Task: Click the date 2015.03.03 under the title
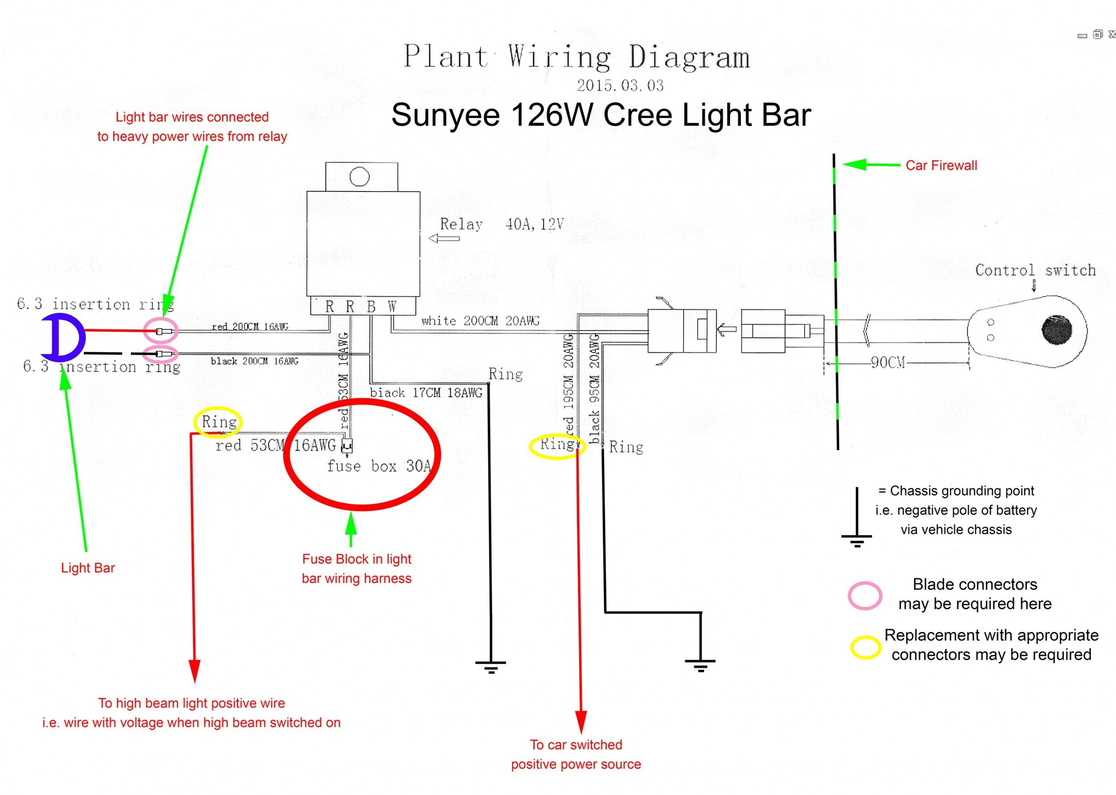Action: coord(620,85)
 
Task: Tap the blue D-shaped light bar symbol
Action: coord(64,337)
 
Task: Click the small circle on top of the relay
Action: coord(360,177)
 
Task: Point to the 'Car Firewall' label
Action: coord(941,165)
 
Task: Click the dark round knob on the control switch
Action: coord(1057,330)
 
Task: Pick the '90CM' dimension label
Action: coord(887,363)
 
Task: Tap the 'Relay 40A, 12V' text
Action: coord(501,224)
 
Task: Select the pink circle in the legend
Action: coord(865,595)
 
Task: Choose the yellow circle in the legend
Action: coord(865,647)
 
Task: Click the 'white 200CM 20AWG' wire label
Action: coord(480,321)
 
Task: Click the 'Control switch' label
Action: coord(1035,270)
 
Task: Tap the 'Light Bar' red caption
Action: coord(88,568)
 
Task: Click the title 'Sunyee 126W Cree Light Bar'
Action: coord(601,115)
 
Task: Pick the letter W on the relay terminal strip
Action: coord(392,307)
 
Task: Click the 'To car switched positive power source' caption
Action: coord(576,754)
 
